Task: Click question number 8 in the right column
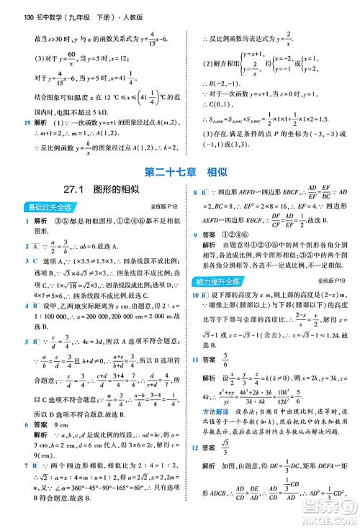coord(195,213)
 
